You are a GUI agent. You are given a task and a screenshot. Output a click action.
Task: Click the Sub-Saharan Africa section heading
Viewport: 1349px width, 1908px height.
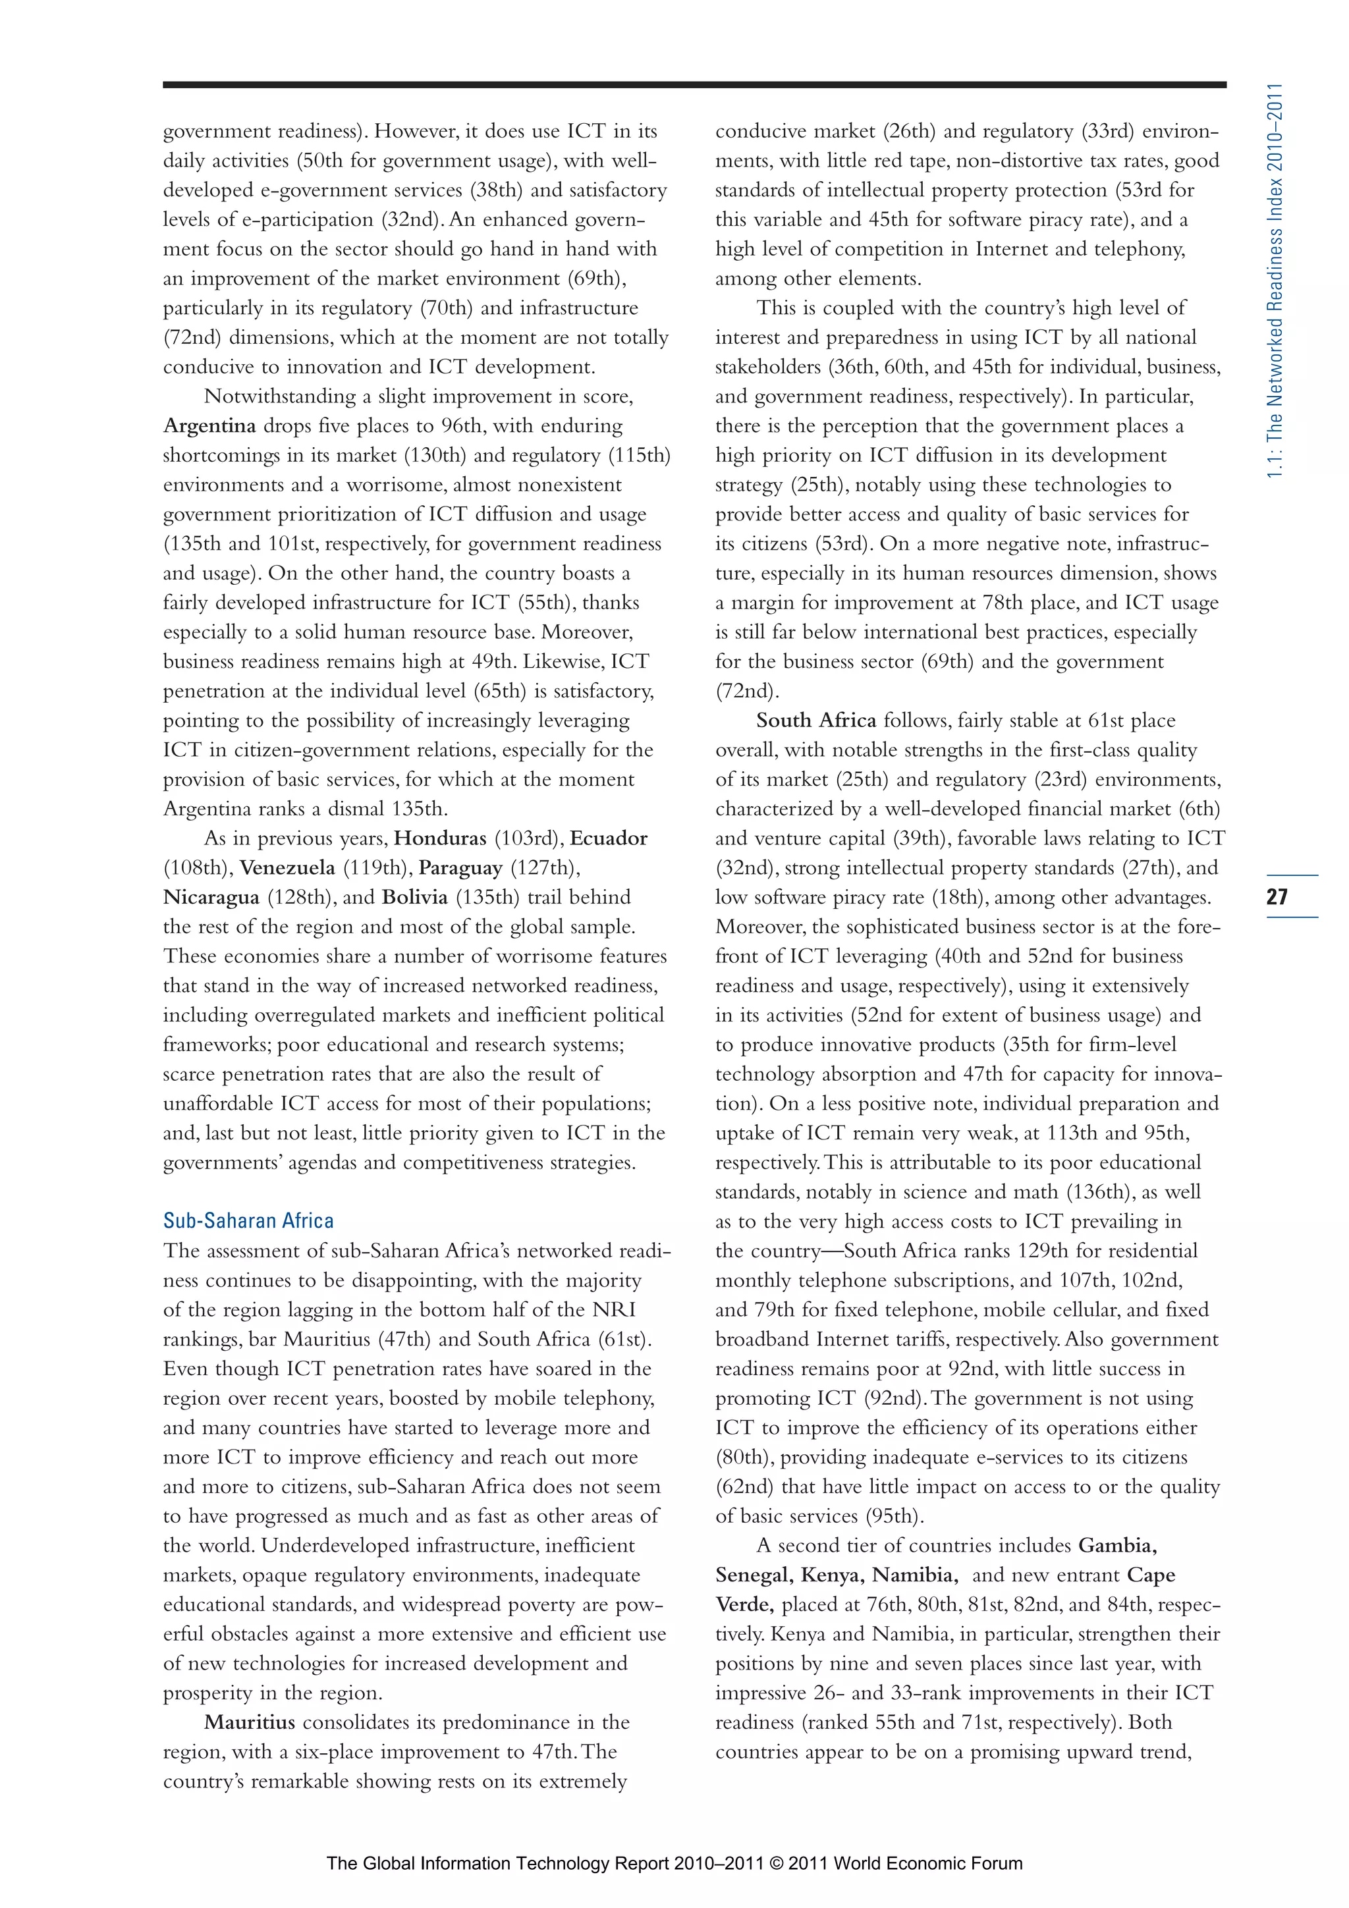[248, 1221]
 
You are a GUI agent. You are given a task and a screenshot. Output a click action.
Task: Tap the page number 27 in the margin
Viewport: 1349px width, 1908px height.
[1277, 896]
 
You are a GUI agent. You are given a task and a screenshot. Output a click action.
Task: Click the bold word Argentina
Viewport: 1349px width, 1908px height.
[209, 426]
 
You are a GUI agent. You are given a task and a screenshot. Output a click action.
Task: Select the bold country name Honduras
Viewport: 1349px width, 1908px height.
[440, 838]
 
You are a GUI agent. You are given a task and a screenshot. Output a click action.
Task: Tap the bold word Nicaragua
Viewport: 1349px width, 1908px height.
[211, 898]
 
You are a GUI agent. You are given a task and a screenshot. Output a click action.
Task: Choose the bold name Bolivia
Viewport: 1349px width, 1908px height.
[415, 898]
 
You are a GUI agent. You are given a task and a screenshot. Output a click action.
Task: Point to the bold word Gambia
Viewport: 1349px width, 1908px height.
[1117, 1546]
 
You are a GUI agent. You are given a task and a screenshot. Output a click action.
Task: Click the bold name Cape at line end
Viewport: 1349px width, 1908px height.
[1151, 1575]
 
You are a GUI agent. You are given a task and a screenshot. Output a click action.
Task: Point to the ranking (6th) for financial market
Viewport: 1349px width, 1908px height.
[1199, 809]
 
